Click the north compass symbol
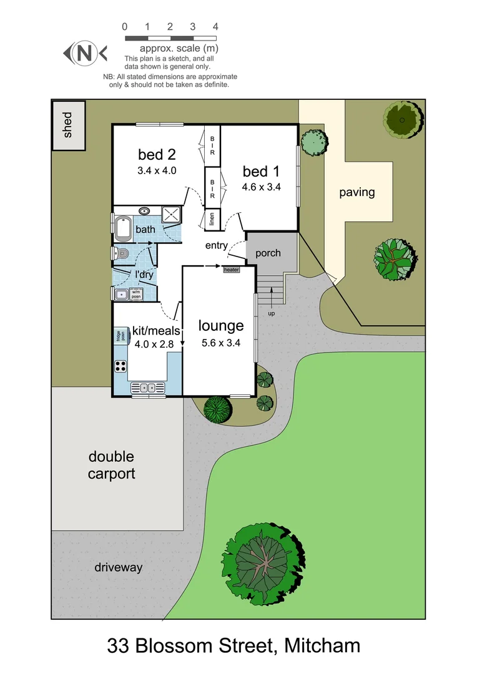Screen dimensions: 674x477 pos(85,54)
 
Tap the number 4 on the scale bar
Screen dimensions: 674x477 pos(215,27)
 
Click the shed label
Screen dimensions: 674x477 pos(68,124)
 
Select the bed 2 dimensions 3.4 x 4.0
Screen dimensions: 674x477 pos(157,170)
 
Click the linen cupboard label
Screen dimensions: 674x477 pos(212,219)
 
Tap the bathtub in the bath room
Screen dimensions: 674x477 pos(123,229)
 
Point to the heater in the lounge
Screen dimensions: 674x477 pos(232,270)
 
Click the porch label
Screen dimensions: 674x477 pos(268,253)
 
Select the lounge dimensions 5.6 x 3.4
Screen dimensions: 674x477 pos(221,343)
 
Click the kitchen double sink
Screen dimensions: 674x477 pos(149,388)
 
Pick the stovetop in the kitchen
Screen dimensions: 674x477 pos(120,367)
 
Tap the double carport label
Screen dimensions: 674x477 pos(111,466)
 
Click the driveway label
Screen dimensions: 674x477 pos(119,567)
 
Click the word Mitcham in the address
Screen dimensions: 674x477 pos(323,645)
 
